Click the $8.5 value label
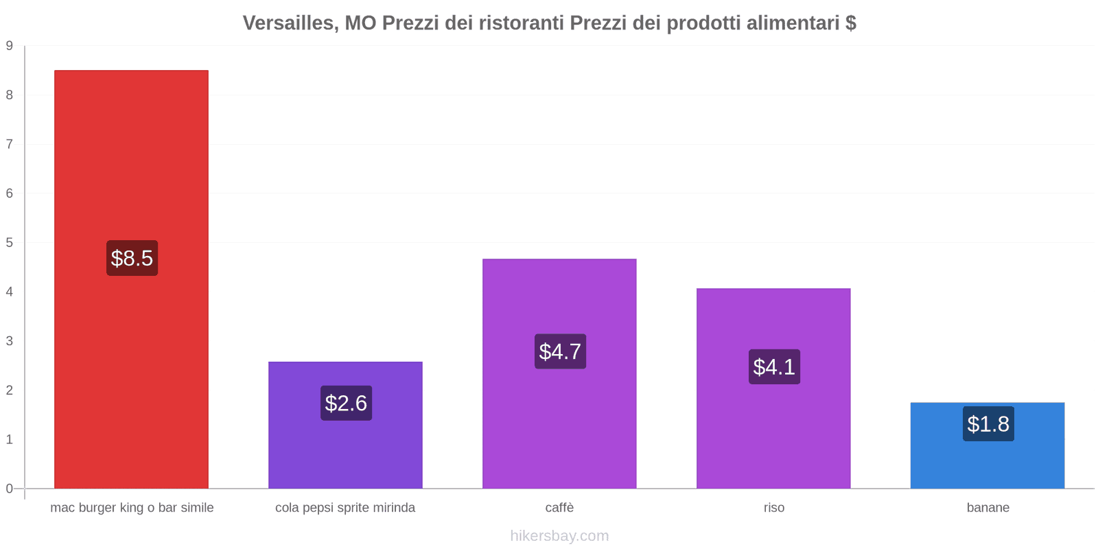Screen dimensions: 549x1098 pyautogui.click(x=132, y=258)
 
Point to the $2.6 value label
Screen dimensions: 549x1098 pyautogui.click(x=346, y=403)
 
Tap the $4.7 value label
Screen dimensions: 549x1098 pyautogui.click(x=560, y=351)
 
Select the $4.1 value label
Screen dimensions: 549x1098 pyautogui.click(x=774, y=366)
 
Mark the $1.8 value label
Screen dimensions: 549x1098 pyautogui.click(x=988, y=423)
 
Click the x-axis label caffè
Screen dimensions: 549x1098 pyautogui.click(x=559, y=508)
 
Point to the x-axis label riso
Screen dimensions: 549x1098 pyautogui.click(x=773, y=508)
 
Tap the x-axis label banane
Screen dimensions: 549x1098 pyautogui.click(x=988, y=508)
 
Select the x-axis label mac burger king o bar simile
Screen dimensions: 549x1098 pyautogui.click(x=132, y=508)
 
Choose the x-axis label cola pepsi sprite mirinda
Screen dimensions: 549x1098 pyautogui.click(x=345, y=508)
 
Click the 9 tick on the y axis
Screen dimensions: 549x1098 pyautogui.click(x=10, y=46)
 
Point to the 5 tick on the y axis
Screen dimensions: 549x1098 pyautogui.click(x=10, y=242)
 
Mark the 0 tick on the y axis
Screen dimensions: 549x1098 pyautogui.click(x=10, y=489)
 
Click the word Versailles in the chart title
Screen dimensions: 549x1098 pyautogui.click(x=288, y=23)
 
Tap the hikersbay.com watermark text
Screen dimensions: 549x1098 pyautogui.click(x=559, y=536)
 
